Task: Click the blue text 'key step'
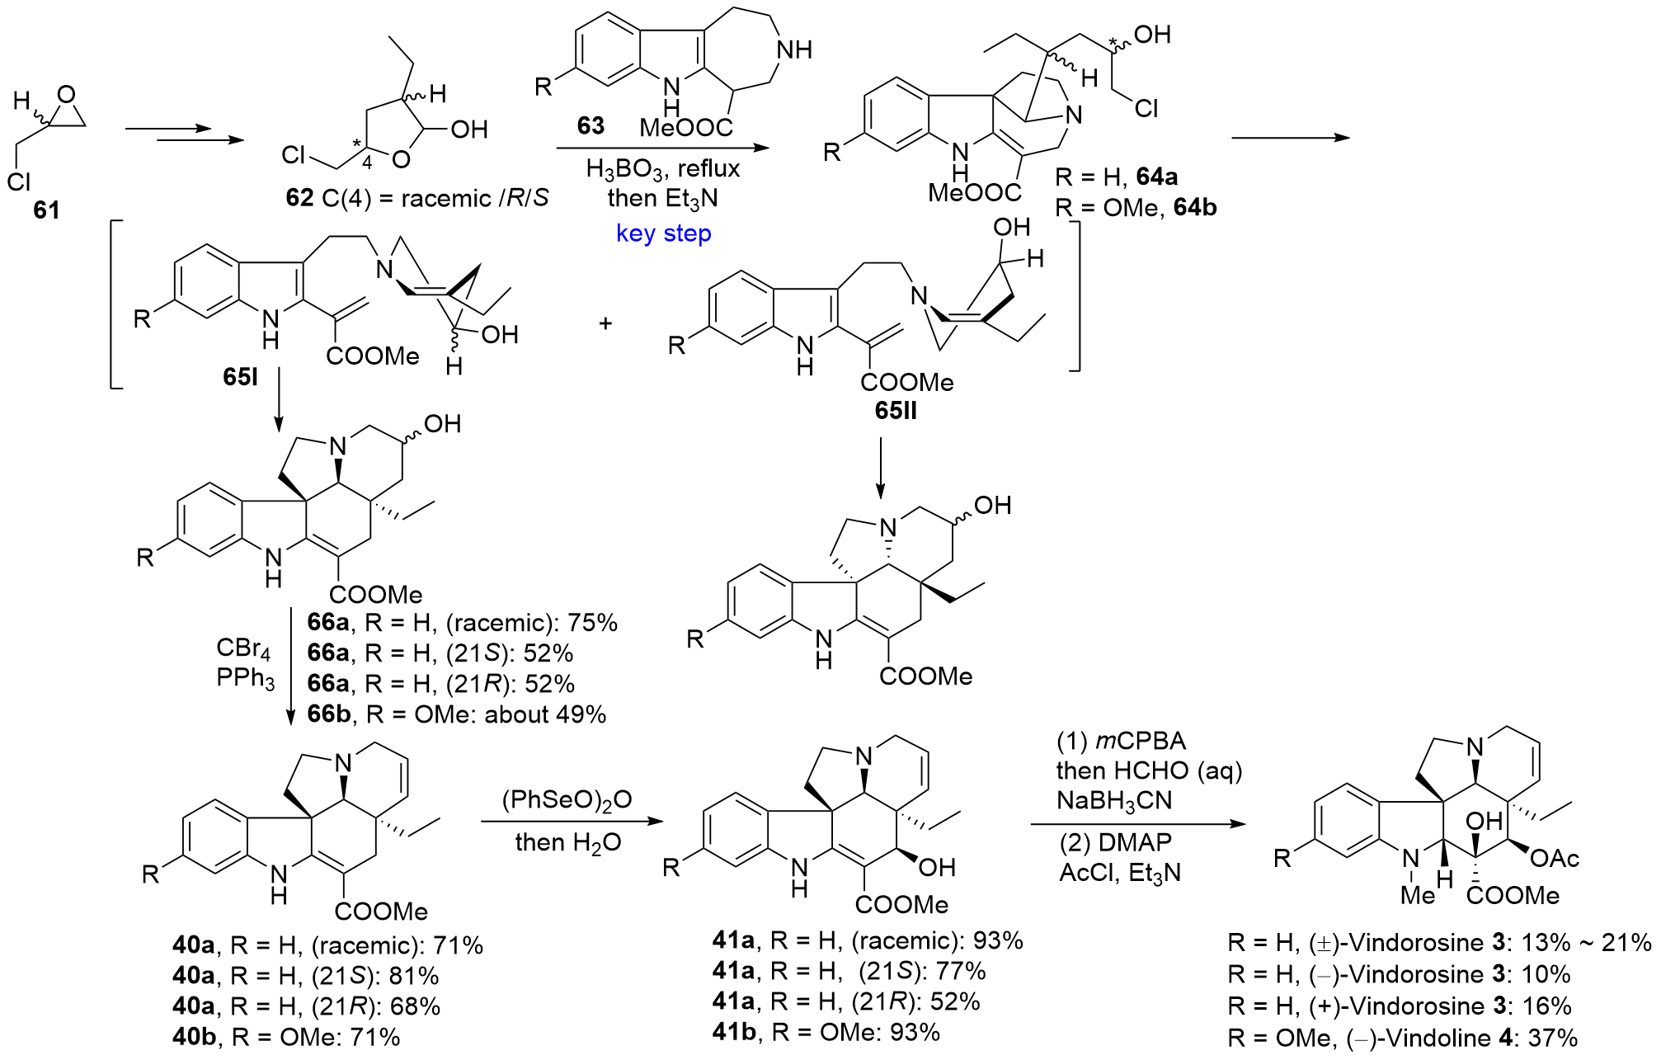coord(663,233)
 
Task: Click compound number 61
coord(46,210)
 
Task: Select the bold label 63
coord(591,125)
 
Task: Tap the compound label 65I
coord(240,377)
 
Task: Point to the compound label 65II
coord(896,410)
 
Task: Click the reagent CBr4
coord(243,648)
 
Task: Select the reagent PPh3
coord(245,678)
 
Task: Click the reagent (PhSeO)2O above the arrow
coord(567,800)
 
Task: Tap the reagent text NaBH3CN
coord(1114,801)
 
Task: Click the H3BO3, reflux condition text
coord(663,169)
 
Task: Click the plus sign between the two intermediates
coord(605,323)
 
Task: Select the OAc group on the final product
coord(1554,859)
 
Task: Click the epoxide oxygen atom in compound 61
coord(67,95)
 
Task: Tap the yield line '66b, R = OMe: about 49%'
coord(456,714)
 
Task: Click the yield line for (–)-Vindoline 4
coord(1402,1038)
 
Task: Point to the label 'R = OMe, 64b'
coord(1136,208)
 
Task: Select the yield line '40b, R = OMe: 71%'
coord(286,1037)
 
